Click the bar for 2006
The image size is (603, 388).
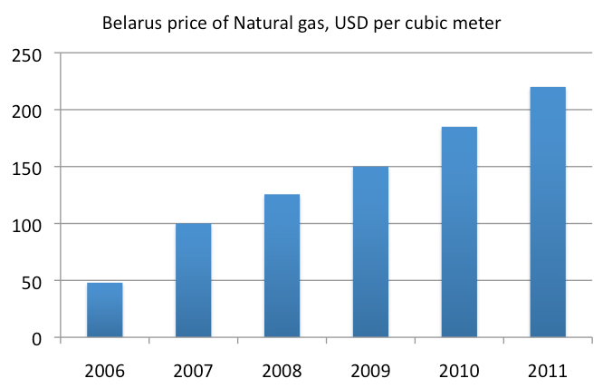point(104,310)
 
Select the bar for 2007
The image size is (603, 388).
point(193,280)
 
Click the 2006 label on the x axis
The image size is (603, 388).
point(104,371)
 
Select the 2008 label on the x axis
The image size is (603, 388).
point(282,371)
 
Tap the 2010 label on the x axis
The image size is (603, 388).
point(459,371)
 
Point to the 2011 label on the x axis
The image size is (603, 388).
point(548,371)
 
